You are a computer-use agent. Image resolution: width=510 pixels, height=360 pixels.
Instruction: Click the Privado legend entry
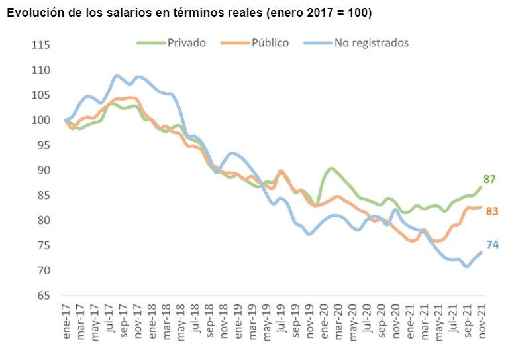[186, 43]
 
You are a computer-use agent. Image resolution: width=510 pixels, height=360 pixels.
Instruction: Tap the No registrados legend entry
[371, 43]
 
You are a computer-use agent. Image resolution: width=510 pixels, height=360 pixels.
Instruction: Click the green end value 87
[490, 179]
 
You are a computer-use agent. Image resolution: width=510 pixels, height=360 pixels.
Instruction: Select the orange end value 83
[492, 211]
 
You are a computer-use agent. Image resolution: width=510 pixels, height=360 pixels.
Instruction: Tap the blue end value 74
[492, 245]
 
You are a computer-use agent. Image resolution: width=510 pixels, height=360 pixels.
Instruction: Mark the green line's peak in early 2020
[331, 168]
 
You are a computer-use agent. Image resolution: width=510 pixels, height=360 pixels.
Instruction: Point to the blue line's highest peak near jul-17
[117, 75]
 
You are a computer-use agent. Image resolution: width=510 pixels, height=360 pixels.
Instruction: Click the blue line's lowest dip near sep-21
[467, 267]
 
